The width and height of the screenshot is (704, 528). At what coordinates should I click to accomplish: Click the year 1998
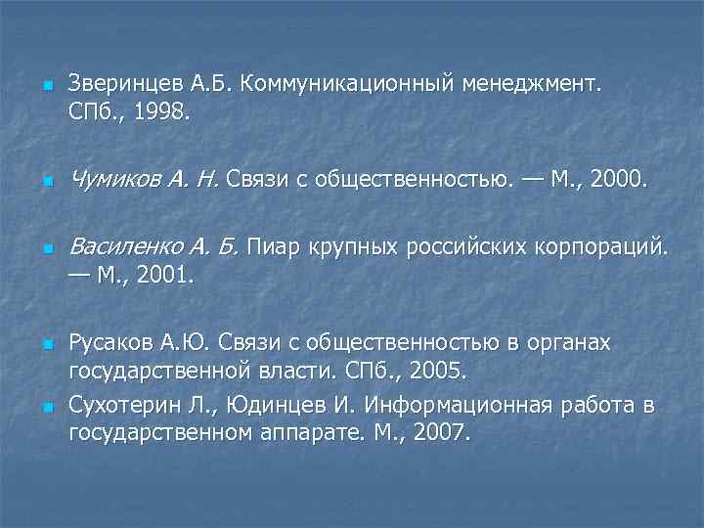(x=165, y=115)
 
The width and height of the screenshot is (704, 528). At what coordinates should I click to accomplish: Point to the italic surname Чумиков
(x=115, y=179)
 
